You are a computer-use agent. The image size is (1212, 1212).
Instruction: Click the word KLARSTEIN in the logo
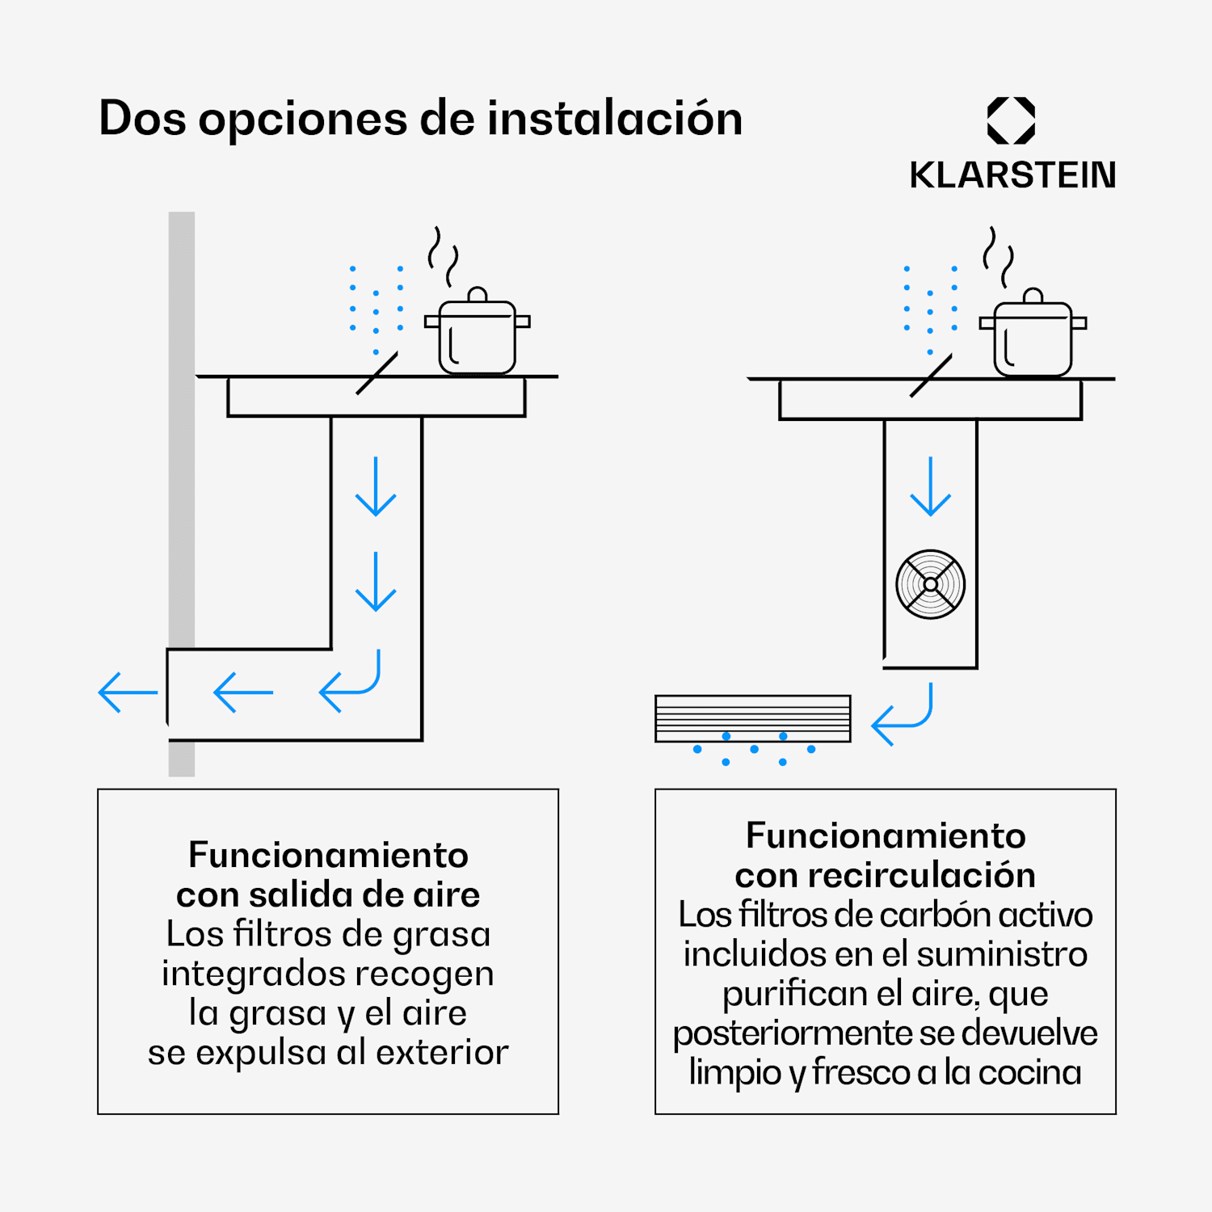[x=1012, y=175]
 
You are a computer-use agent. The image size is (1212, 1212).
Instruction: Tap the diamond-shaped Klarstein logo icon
[x=1011, y=120]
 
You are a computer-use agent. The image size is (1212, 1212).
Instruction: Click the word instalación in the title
[x=614, y=119]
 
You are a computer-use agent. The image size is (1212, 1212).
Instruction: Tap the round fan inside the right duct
[x=930, y=584]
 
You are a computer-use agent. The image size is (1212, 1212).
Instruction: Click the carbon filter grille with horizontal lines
[x=752, y=718]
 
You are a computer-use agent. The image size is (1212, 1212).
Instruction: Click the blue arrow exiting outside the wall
[x=128, y=692]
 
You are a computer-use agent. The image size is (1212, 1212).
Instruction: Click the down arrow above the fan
[x=931, y=486]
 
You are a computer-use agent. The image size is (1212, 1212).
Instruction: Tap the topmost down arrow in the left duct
[x=376, y=486]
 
